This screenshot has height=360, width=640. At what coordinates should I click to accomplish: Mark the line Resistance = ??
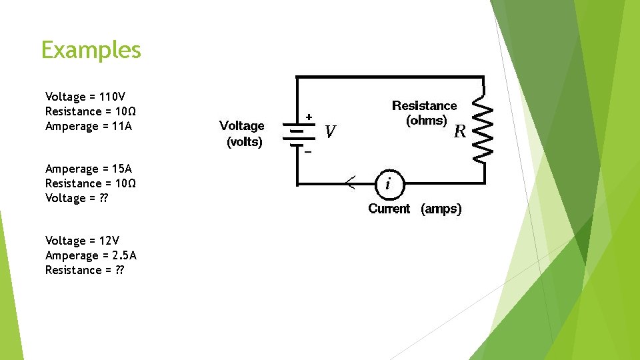pyautogui.click(x=84, y=270)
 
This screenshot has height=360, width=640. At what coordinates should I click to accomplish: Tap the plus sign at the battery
pyautogui.click(x=309, y=117)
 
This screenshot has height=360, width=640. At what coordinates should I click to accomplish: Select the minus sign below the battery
pyautogui.click(x=308, y=152)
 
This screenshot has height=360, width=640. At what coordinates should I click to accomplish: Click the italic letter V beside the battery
pyautogui.click(x=330, y=132)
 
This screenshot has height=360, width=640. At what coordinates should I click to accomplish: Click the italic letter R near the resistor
pyautogui.click(x=459, y=131)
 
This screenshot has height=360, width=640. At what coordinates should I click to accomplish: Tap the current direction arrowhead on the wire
pyautogui.click(x=350, y=181)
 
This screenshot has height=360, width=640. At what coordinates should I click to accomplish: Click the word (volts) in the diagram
pyautogui.click(x=245, y=142)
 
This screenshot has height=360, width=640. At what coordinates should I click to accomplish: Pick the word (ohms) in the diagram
pyautogui.click(x=427, y=121)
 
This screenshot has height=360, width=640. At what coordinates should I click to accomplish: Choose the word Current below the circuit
pyautogui.click(x=389, y=209)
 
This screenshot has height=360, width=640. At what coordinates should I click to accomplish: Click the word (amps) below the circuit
pyautogui.click(x=441, y=209)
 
